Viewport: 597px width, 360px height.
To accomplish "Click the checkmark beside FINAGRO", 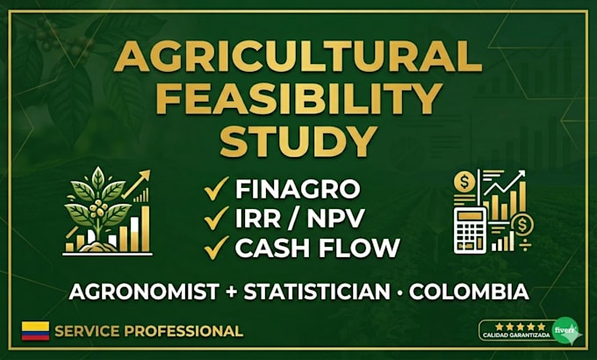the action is point(216,188).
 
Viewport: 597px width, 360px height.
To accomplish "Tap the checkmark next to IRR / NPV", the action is point(216,218).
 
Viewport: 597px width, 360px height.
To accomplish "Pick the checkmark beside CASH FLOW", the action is point(216,248).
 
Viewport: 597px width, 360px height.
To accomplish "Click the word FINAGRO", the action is point(298,189).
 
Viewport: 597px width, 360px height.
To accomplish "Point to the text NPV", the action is point(335,218).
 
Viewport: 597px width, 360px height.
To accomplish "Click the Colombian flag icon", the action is point(35,331).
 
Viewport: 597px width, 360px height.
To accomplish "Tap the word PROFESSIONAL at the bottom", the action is point(183,331).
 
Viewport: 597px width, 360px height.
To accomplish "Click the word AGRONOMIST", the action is point(144,292).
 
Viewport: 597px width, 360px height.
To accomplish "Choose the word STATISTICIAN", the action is point(317,292).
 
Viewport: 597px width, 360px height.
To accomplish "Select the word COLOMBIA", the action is point(469,292).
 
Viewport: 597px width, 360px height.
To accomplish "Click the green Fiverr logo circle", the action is point(565,330).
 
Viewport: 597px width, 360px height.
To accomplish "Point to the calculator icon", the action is point(471,230).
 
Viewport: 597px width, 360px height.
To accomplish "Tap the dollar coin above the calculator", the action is point(464,182).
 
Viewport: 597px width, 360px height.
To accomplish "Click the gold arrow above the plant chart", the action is point(136,184).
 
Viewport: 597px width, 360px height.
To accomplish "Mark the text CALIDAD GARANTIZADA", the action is point(516,335).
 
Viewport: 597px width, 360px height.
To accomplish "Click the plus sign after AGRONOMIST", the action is point(232,292).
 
